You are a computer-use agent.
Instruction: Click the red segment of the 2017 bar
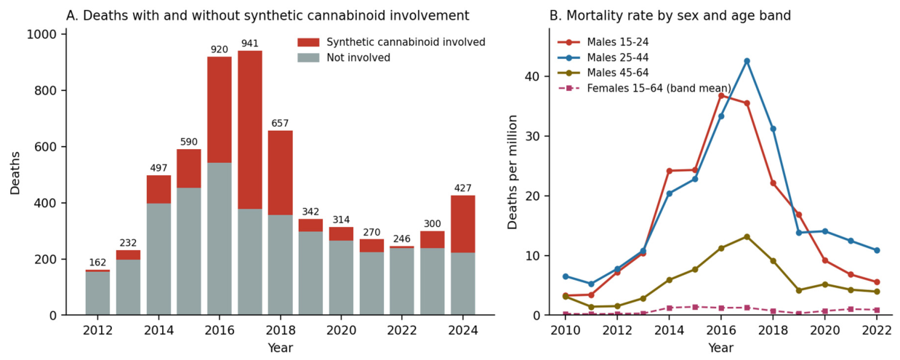pos(250,129)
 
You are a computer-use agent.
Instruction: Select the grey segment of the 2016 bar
pos(220,239)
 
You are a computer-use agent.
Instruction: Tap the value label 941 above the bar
pos(250,44)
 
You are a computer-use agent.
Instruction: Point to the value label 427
pos(463,188)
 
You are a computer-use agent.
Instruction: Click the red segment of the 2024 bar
pos(463,224)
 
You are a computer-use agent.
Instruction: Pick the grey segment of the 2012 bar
pos(97,293)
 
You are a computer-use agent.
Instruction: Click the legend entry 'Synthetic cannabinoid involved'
pos(391,42)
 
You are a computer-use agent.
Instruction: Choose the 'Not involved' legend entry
pos(344,58)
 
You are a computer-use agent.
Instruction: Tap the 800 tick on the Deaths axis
pos(44,90)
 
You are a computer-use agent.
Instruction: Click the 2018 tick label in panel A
pos(280,330)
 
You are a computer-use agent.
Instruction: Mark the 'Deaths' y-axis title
pos(15,173)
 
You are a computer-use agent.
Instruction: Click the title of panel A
pos(268,16)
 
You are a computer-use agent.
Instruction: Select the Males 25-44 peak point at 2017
pos(747,61)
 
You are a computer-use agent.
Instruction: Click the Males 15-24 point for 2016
pos(721,95)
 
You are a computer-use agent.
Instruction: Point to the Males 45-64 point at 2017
pos(747,236)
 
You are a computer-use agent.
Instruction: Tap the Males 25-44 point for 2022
pos(877,250)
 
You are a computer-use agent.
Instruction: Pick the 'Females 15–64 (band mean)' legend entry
pos(644,88)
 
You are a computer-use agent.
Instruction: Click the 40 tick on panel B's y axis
pos(531,76)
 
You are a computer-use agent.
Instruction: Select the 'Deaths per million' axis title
pos(513,172)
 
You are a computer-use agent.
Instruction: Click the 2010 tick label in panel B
pos(566,330)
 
